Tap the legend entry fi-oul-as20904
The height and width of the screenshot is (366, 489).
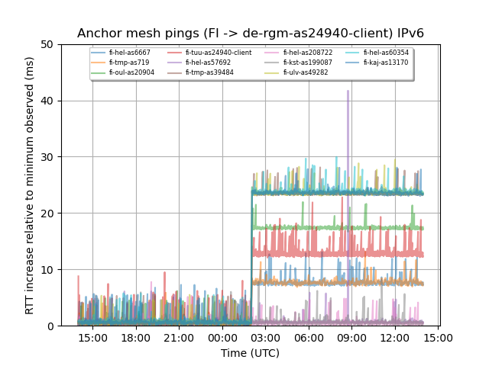[x=131, y=72]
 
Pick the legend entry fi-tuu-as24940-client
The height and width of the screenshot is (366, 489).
[x=218, y=53]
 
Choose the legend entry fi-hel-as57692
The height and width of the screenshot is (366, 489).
[x=208, y=63]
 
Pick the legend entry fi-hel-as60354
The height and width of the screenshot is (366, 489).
[x=386, y=53]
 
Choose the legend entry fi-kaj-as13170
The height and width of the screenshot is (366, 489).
[x=386, y=63]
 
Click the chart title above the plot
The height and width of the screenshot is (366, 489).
[x=251, y=34]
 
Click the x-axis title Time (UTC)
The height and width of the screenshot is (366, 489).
[x=251, y=353]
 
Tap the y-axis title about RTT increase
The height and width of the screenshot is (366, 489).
[x=30, y=185]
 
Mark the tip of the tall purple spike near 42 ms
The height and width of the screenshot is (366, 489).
[x=348, y=91]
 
